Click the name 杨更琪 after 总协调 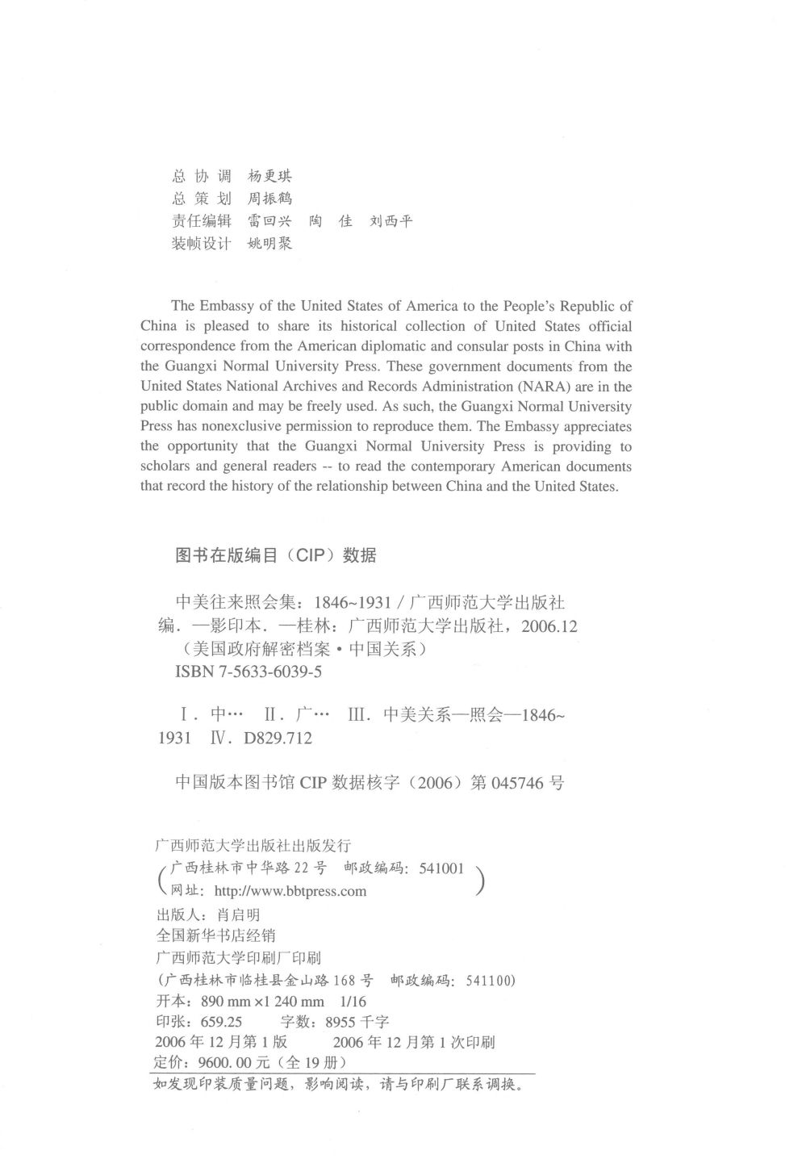[269, 176]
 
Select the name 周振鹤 [269, 199]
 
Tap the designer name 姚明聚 [269, 243]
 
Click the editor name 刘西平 [391, 220]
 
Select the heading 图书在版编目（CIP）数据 [275, 555]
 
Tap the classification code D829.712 [277, 738]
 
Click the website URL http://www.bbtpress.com [290, 891]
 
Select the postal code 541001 [441, 868]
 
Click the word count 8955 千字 [357, 1021]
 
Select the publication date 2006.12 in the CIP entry [549, 626]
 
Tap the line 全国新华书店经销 [214, 935]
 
